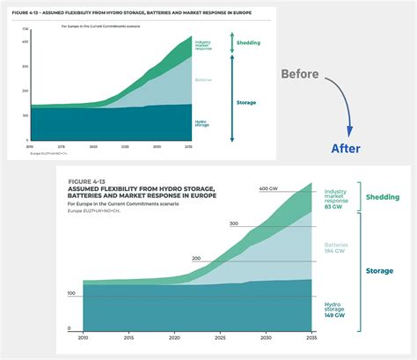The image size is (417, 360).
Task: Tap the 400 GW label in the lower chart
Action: [269, 189]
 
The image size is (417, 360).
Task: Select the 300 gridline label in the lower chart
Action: [233, 224]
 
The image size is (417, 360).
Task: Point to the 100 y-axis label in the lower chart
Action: [70, 293]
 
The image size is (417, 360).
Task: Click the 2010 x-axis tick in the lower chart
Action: [84, 337]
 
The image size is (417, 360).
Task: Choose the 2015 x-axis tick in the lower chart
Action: [129, 337]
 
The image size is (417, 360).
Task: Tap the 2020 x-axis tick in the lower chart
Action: [175, 337]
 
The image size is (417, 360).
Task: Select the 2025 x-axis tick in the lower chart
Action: [221, 337]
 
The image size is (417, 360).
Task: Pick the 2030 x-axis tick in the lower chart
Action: [267, 337]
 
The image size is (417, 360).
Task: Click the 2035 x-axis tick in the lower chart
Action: [311, 337]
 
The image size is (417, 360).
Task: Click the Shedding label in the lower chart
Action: [382, 197]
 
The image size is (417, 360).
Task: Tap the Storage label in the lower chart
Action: [379, 271]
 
